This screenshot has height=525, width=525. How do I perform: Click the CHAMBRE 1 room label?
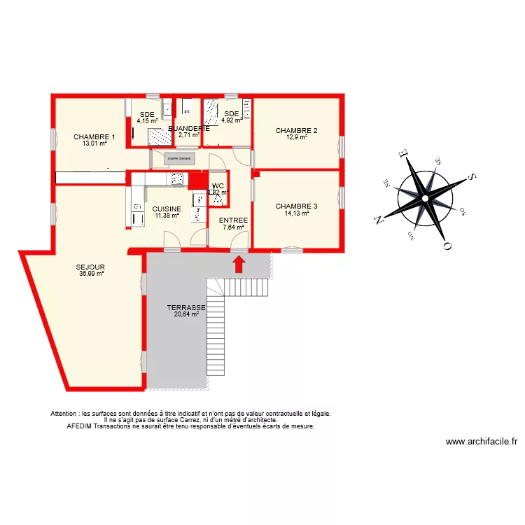point(94,137)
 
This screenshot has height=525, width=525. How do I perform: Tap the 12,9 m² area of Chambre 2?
point(296,137)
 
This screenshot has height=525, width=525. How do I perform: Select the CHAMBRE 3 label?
point(296,206)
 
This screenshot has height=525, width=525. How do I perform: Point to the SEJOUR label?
point(91,267)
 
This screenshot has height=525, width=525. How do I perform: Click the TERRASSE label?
point(186,307)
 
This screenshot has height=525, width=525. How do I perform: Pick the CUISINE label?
point(167,209)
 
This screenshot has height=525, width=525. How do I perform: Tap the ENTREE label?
point(233,220)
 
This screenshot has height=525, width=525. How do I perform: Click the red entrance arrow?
point(239,263)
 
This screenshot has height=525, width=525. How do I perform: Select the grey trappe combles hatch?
point(180,159)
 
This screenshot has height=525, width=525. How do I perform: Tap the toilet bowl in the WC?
point(218,198)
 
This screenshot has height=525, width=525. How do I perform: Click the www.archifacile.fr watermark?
point(481,442)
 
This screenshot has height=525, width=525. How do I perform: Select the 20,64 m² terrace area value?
point(186,314)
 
